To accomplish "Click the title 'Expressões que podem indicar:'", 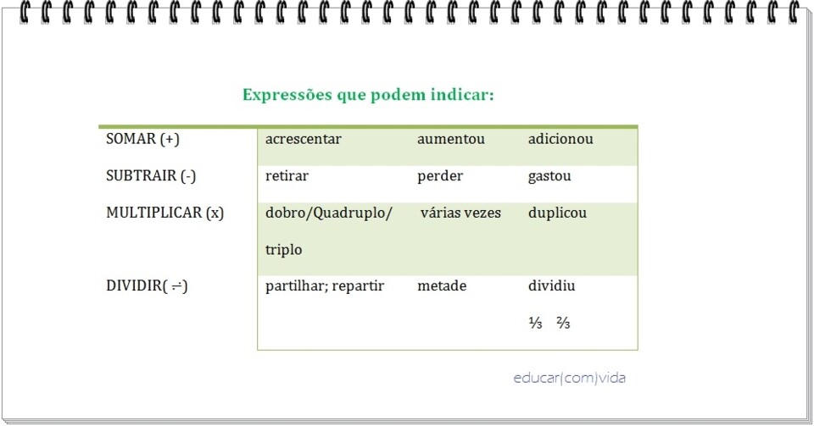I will tap(368, 94).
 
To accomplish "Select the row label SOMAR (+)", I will tap(142, 139).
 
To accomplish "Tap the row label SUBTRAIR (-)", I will tap(151, 176).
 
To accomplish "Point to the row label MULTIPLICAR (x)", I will tap(164, 213).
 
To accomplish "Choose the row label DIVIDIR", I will tap(146, 286).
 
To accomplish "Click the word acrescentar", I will tap(303, 139).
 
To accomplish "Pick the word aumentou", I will tap(451, 139).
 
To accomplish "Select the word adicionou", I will tap(560, 139).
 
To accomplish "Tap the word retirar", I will tap(287, 176).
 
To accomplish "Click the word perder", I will tap(440, 176).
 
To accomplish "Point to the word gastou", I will tap(549, 176).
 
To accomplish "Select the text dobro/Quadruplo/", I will tap(329, 213).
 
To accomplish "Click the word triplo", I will tap(283, 251).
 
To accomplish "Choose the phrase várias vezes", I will tap(460, 213).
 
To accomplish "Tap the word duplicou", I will tap(557, 213).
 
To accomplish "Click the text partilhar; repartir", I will tap(325, 286).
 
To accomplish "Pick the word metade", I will tap(442, 286).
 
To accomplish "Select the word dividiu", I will tap(551, 286).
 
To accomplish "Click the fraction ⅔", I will tap(563, 323).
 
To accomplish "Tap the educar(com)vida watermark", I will tap(569, 378).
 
